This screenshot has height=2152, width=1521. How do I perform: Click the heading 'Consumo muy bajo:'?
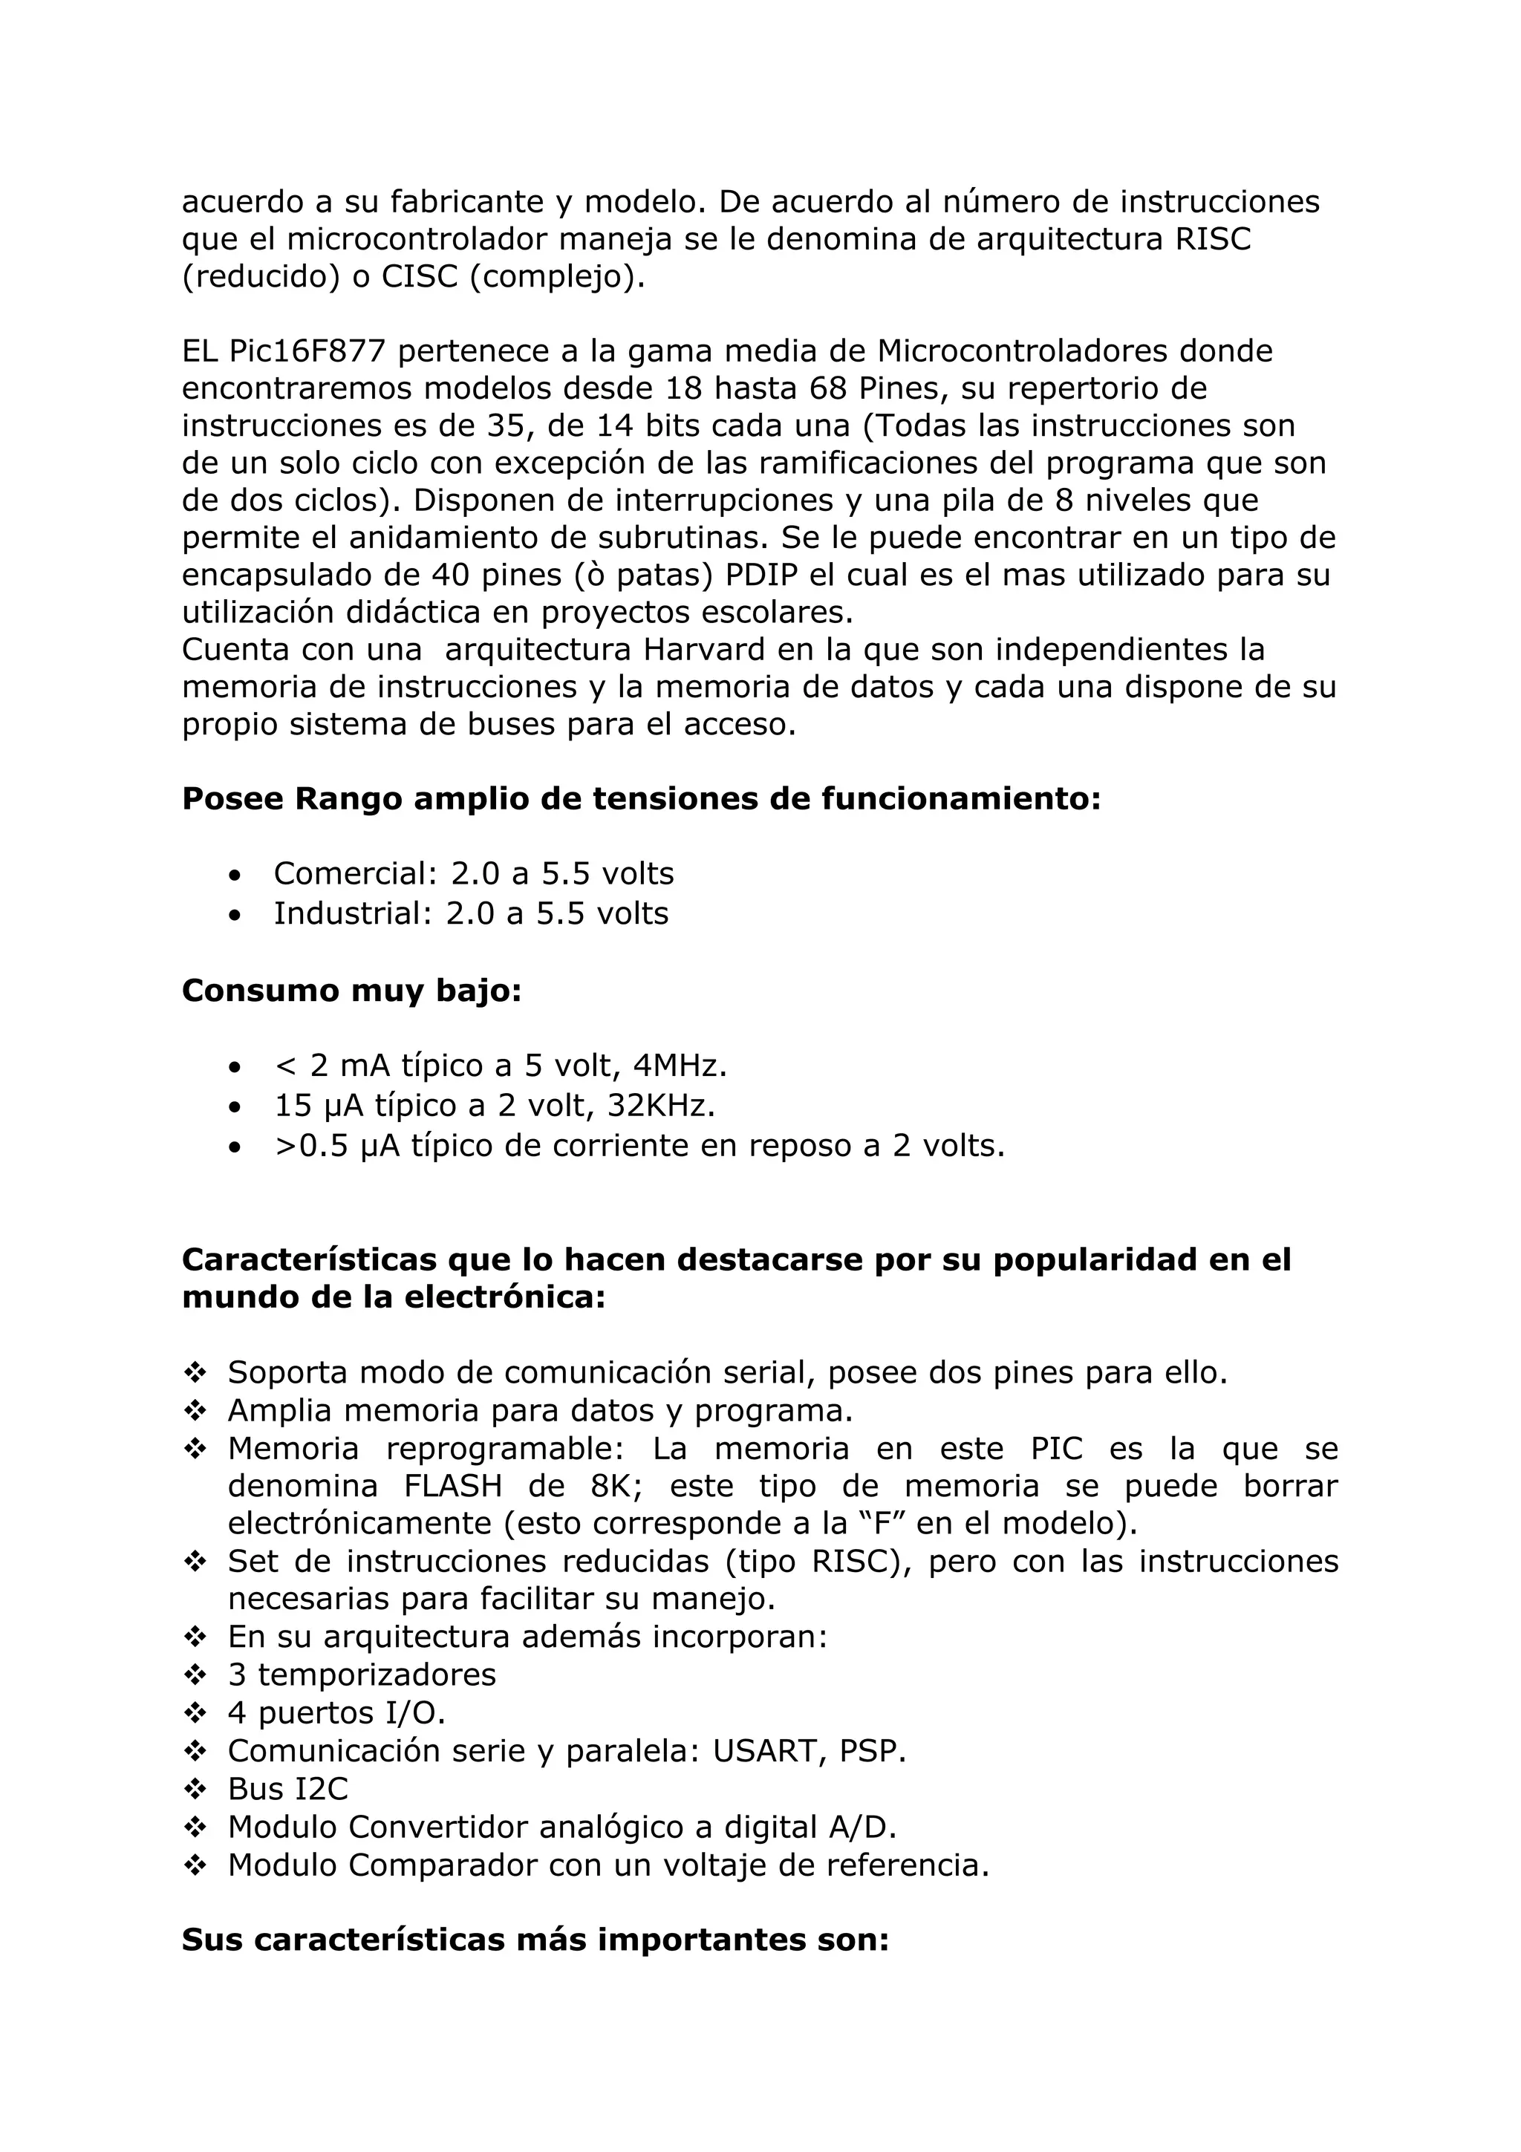pyautogui.click(x=351, y=991)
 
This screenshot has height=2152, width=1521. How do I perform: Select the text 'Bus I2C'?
pyautogui.click(x=287, y=1790)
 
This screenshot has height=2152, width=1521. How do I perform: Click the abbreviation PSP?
pyautogui.click(x=873, y=1751)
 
